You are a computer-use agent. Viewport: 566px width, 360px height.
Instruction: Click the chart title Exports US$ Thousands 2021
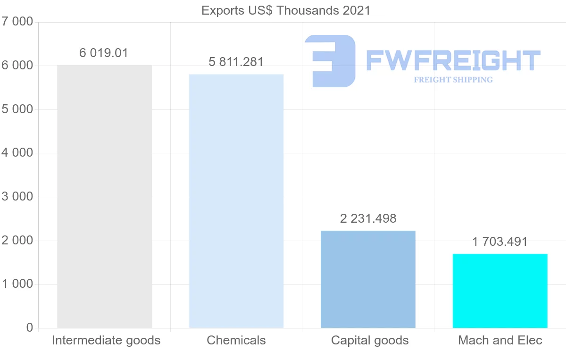click(x=286, y=10)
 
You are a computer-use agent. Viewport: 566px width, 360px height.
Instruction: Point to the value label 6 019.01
click(x=104, y=53)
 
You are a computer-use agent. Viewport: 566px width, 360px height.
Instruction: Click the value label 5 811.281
click(x=236, y=62)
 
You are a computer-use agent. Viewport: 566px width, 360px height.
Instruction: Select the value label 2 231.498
click(x=368, y=218)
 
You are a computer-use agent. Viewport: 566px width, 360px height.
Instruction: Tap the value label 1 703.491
click(x=500, y=242)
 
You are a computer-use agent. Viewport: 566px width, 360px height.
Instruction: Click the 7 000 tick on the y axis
click(x=17, y=22)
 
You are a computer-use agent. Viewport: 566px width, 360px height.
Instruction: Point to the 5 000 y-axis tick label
click(x=17, y=109)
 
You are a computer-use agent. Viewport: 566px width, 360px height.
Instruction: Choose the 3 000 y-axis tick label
click(x=17, y=197)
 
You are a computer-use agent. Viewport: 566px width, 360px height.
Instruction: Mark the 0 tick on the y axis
click(x=29, y=327)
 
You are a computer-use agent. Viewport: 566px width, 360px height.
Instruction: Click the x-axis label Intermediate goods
click(x=106, y=340)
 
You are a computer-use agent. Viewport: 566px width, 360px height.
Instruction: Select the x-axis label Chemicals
click(x=236, y=340)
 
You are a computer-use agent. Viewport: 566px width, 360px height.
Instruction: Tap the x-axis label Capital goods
click(x=370, y=340)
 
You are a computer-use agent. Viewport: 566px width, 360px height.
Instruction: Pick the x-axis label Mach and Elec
click(x=500, y=340)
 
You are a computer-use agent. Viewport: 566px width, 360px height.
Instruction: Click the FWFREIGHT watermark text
click(x=453, y=61)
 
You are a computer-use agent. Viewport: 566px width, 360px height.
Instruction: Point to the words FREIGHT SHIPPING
click(x=453, y=80)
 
